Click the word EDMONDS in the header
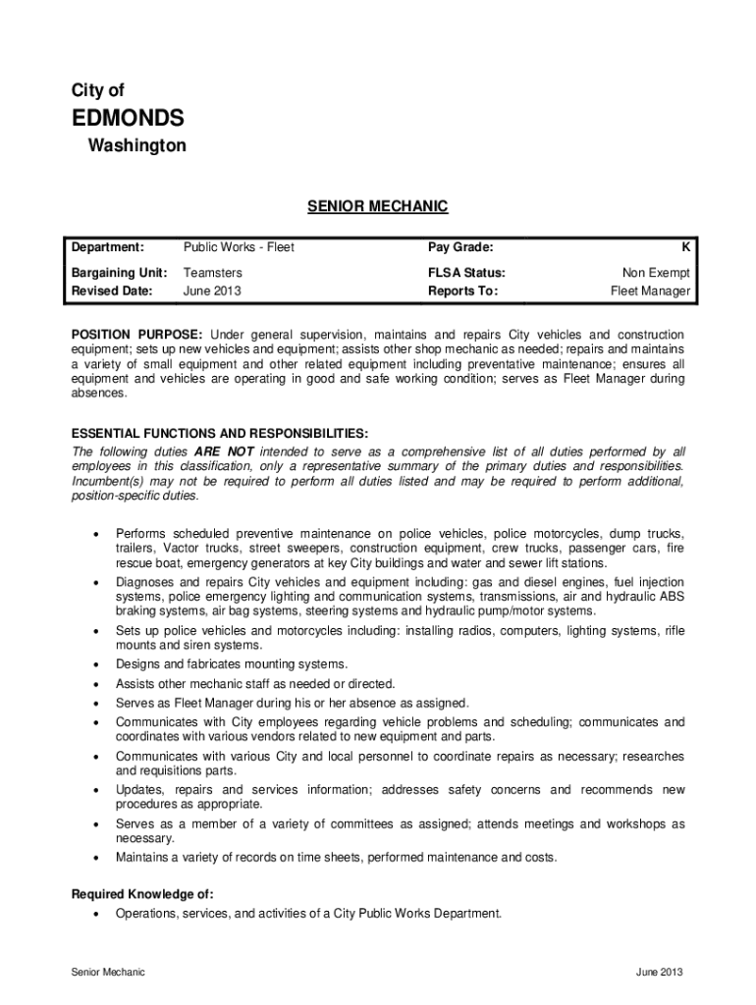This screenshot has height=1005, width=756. [128, 119]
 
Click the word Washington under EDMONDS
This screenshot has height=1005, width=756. [136, 146]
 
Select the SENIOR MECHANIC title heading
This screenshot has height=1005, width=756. [378, 206]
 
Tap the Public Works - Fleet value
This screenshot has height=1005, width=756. [239, 247]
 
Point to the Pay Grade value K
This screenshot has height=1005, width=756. [685, 247]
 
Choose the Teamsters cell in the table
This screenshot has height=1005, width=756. [213, 273]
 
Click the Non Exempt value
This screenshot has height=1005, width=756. [656, 273]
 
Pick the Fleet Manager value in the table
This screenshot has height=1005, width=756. [650, 291]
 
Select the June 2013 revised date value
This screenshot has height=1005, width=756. [212, 291]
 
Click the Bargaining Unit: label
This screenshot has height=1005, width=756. [119, 273]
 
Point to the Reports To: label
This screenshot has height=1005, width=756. [463, 291]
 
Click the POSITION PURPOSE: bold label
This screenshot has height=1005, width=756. [137, 335]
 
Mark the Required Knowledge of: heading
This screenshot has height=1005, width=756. [142, 894]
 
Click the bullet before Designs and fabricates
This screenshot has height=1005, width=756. [95, 665]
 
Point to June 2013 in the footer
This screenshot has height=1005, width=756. [659, 973]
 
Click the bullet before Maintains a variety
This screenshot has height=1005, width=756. [95, 858]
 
